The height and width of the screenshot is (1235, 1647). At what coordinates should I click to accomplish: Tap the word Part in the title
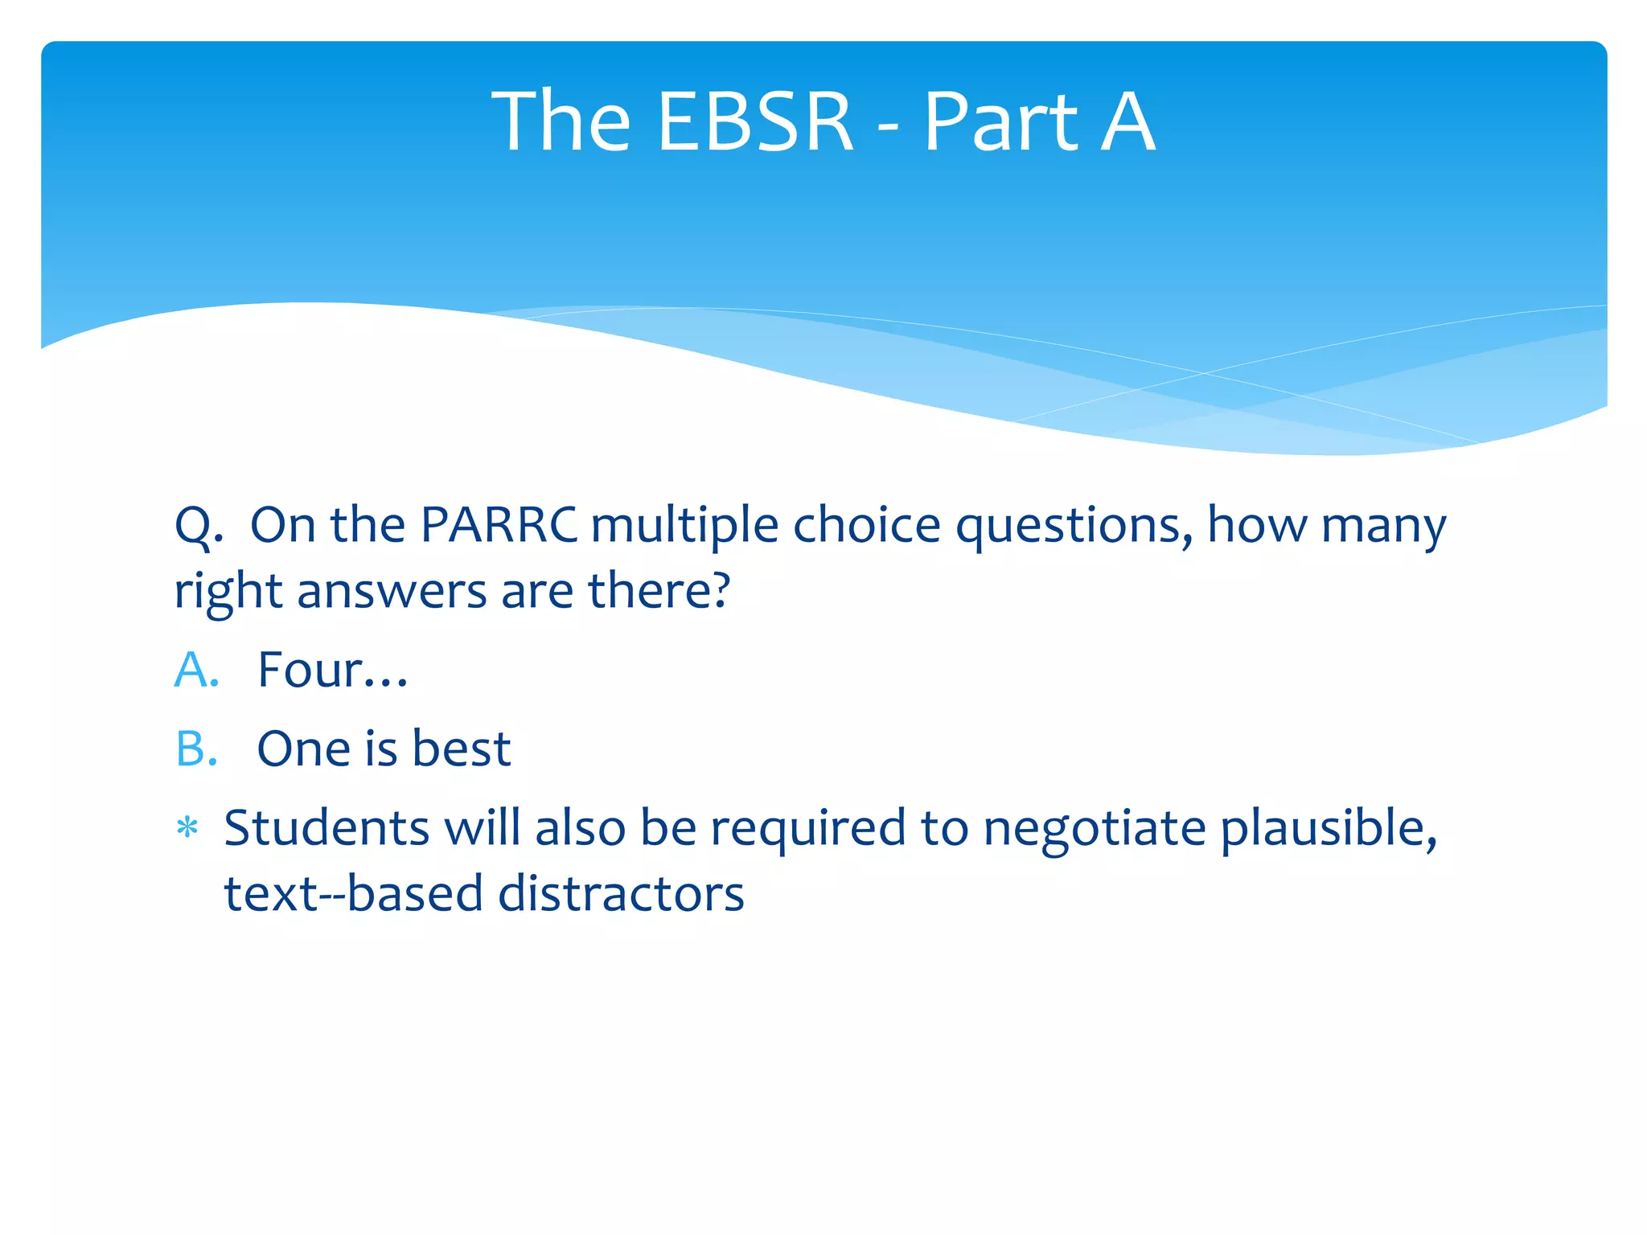point(1000,122)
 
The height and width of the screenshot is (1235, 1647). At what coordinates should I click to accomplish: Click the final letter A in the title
point(1127,122)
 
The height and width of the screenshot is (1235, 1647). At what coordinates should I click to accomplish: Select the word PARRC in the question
point(499,525)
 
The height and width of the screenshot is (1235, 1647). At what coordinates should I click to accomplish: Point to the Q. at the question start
point(199,527)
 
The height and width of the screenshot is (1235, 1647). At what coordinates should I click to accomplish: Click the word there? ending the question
point(659,591)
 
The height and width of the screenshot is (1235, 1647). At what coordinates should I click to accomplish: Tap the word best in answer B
point(461,749)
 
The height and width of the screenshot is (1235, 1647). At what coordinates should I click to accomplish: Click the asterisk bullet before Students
point(187,828)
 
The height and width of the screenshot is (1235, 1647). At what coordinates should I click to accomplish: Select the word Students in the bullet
point(327,828)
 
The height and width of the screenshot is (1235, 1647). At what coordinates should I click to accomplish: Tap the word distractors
point(621,894)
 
